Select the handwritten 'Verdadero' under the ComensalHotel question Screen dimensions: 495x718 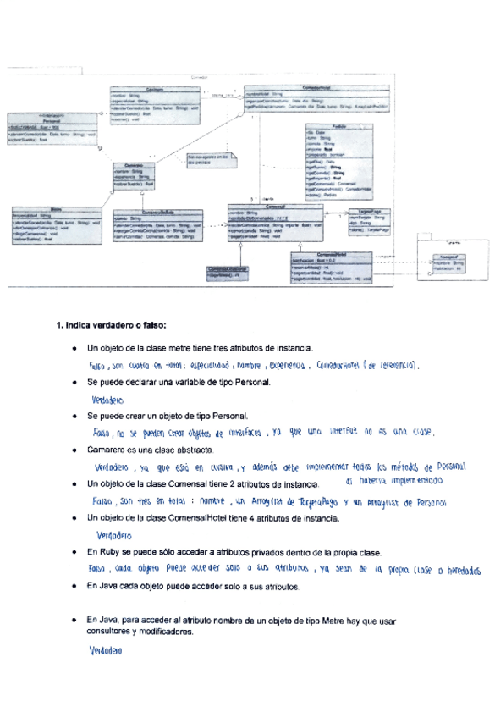[115, 535]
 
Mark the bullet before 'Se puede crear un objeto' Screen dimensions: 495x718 [76, 417]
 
